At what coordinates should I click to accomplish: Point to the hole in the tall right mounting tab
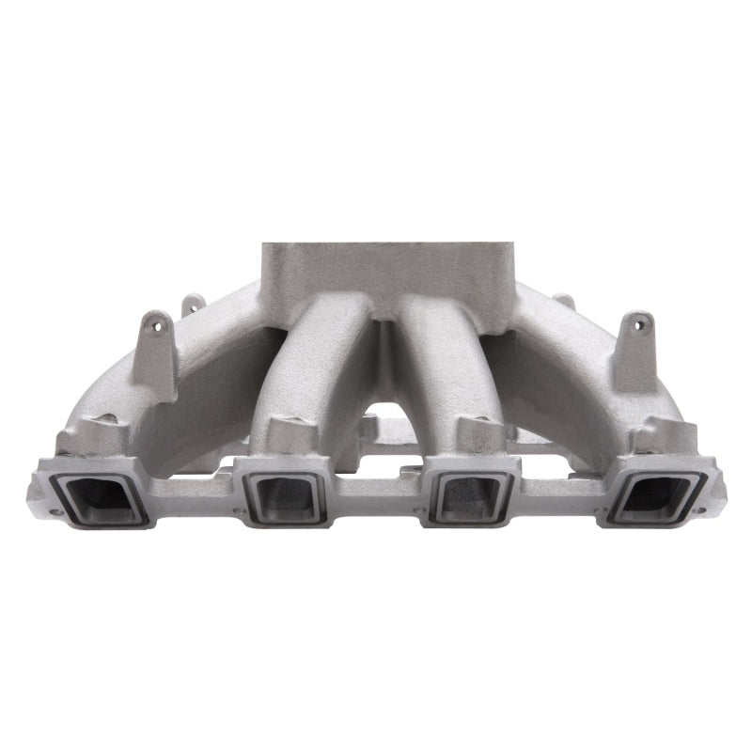click(x=646, y=324)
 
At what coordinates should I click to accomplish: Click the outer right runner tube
click(x=564, y=367)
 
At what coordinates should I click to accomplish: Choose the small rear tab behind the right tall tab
click(x=564, y=302)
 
